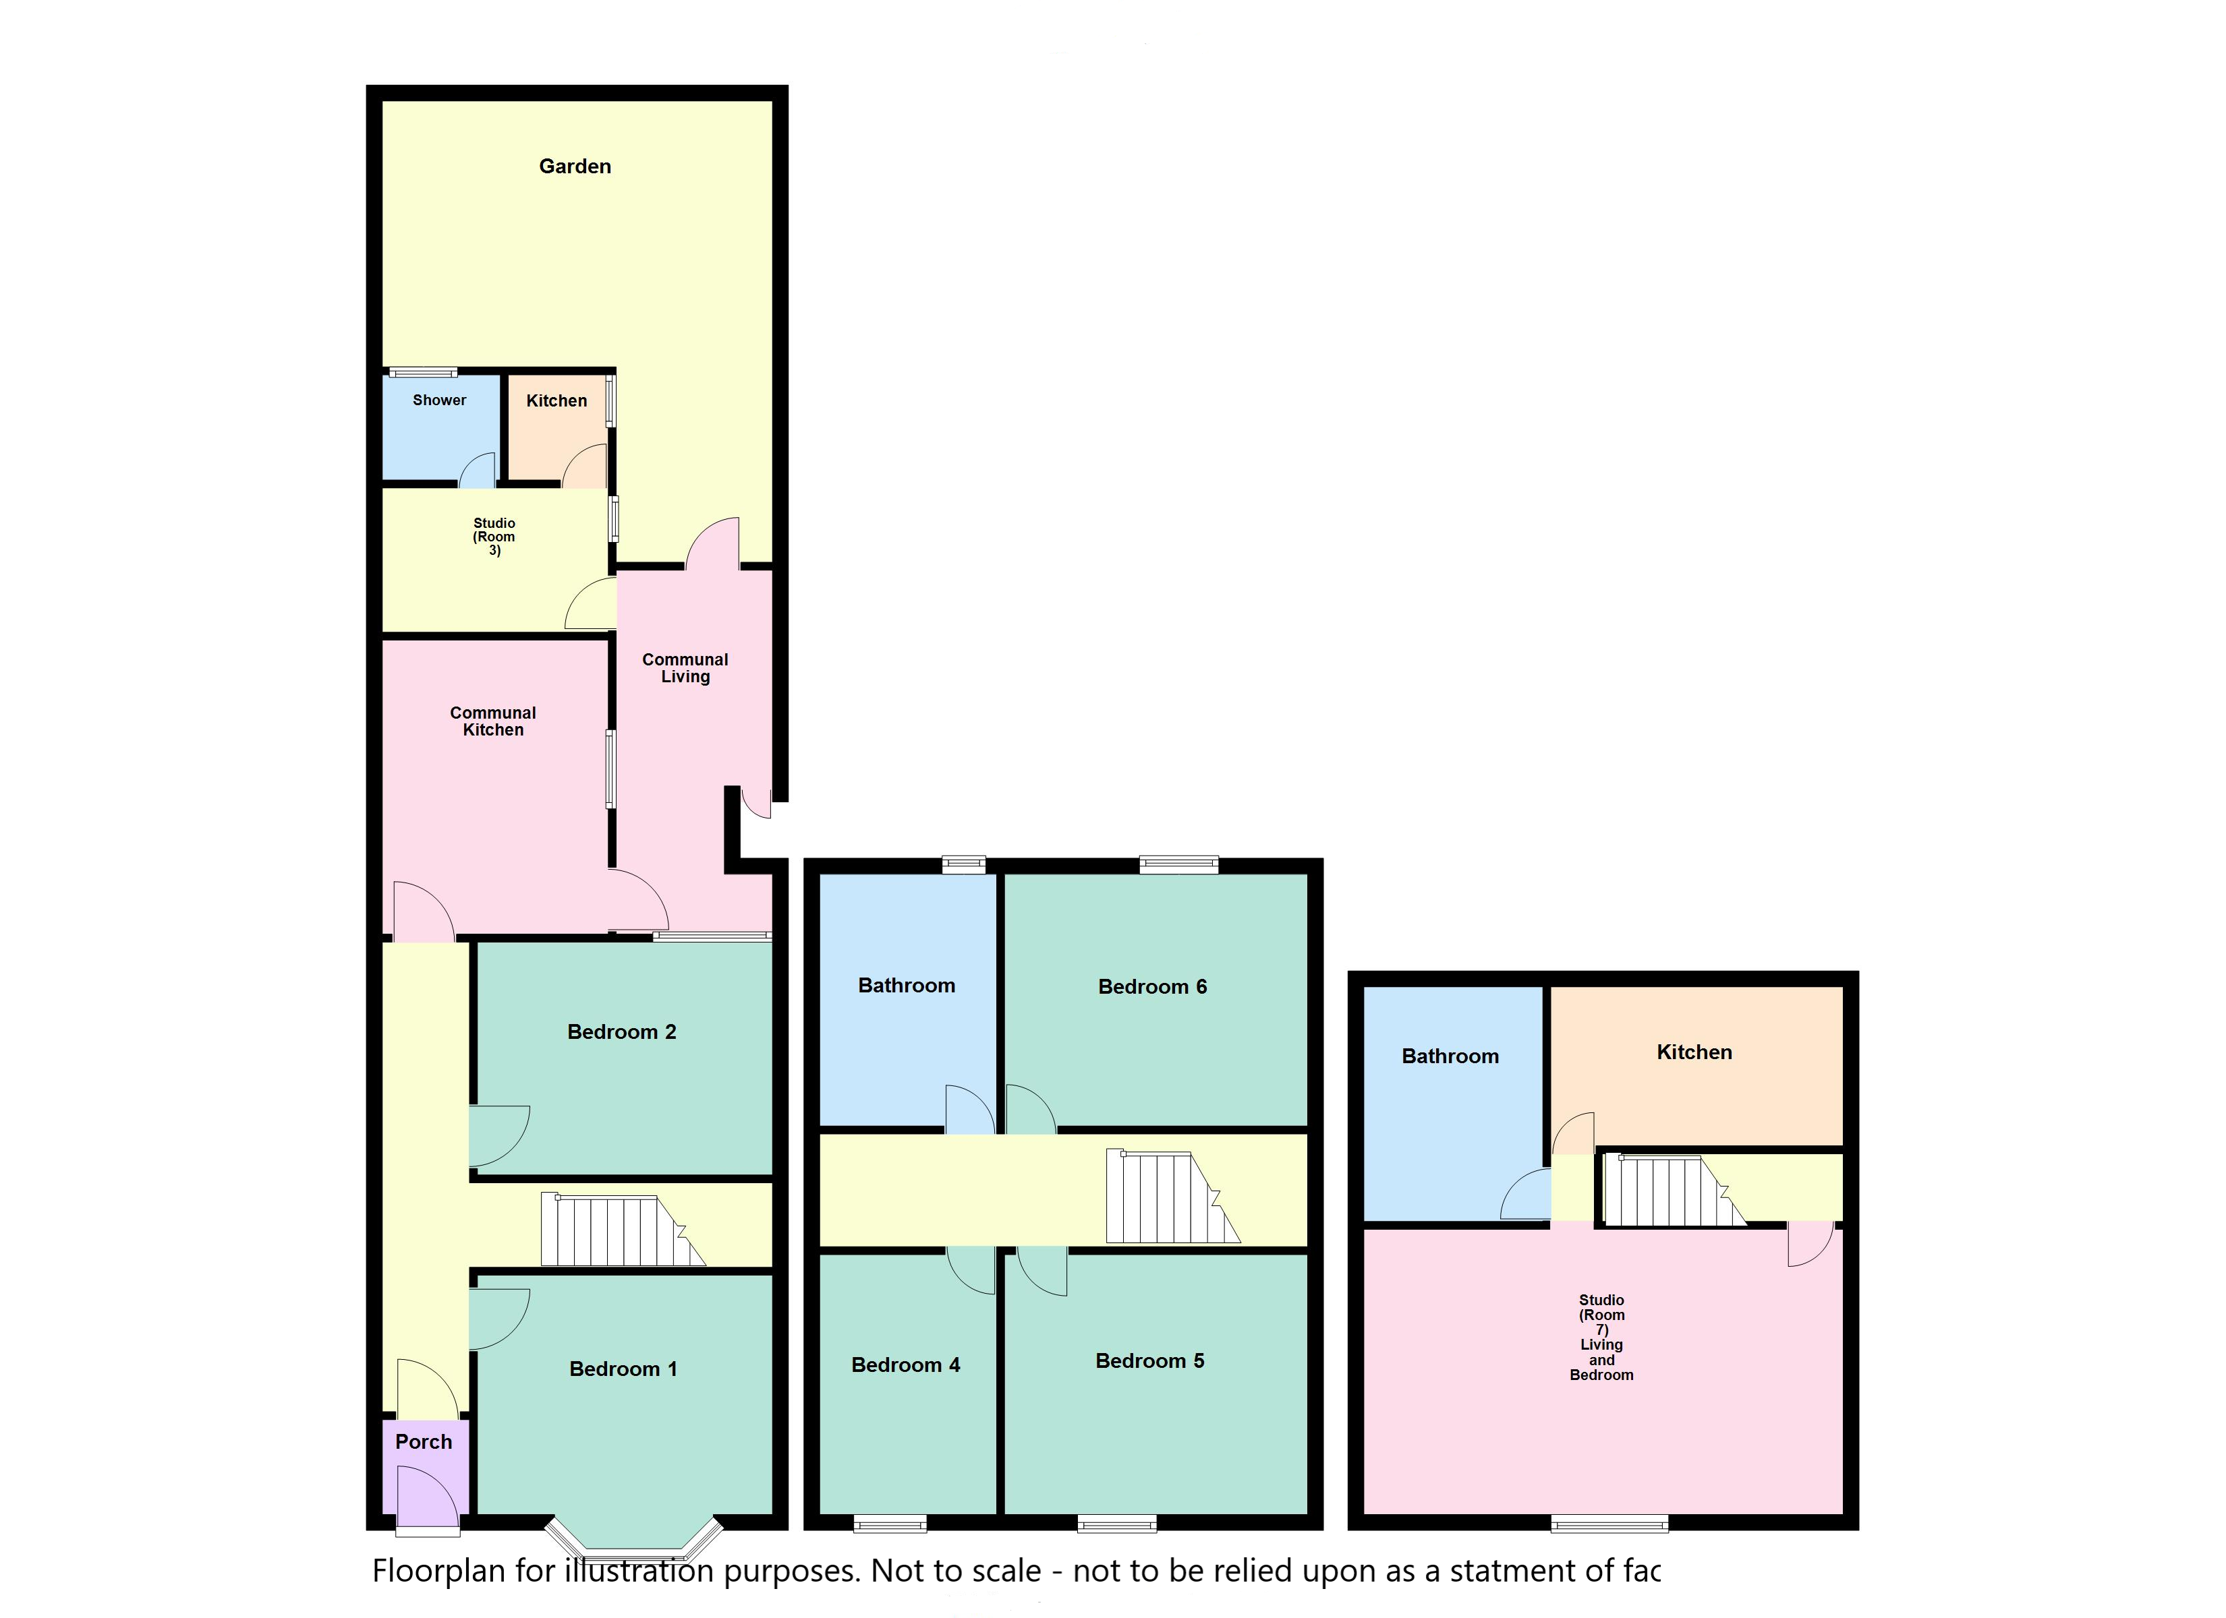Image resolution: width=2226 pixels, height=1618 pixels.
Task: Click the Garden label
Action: click(x=575, y=167)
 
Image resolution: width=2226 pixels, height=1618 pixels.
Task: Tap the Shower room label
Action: click(x=440, y=400)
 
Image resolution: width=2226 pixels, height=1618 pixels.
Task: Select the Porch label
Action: click(x=424, y=1441)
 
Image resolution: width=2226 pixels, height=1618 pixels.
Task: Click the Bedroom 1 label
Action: click(x=623, y=1369)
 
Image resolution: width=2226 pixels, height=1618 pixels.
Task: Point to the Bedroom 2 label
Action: click(x=622, y=1031)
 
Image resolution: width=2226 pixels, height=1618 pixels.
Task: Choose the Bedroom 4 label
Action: click(x=906, y=1365)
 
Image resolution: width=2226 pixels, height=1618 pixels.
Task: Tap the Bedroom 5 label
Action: click(x=1150, y=1361)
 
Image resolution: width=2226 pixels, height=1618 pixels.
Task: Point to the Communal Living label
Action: click(x=686, y=668)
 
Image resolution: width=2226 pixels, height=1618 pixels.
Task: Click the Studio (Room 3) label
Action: click(x=494, y=537)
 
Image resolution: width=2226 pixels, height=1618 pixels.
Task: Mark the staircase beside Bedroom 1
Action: click(x=622, y=1230)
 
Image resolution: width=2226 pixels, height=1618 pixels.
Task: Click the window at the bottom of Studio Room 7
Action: click(x=1609, y=1524)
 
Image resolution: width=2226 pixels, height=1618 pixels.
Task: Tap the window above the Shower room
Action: click(x=423, y=372)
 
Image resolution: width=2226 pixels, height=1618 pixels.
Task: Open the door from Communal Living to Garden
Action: click(x=712, y=545)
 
